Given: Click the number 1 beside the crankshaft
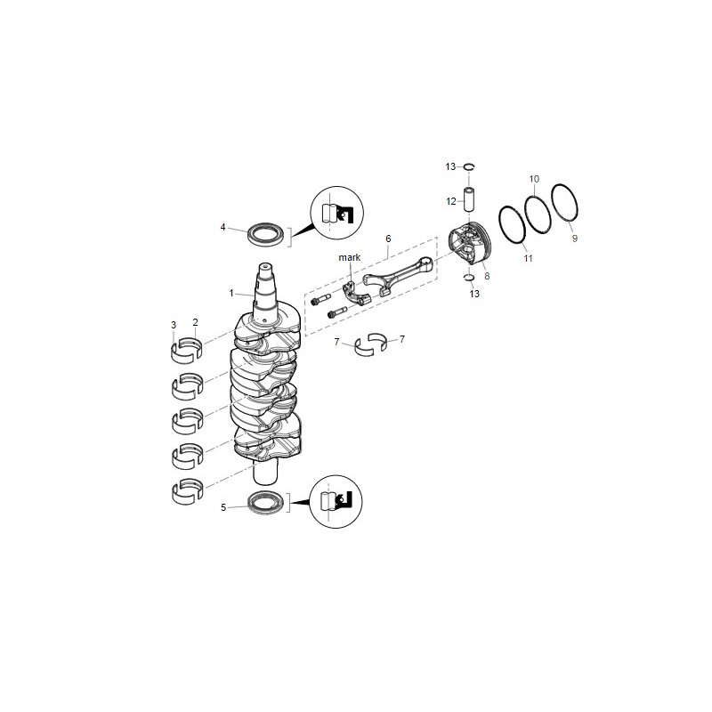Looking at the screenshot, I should (x=231, y=292).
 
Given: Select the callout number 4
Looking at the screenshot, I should (x=223, y=227).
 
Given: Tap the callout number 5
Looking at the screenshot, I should (x=223, y=508).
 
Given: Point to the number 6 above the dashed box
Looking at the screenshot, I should (x=388, y=239).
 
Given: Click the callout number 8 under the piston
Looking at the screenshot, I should (x=487, y=277).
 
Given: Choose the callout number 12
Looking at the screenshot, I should (x=451, y=201).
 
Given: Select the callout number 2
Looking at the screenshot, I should (x=195, y=321).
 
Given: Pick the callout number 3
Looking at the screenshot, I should (x=174, y=323).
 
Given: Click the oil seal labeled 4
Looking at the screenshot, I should (x=267, y=234).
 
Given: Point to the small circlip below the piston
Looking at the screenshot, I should (x=468, y=279).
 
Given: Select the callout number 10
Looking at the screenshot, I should (x=534, y=180).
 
